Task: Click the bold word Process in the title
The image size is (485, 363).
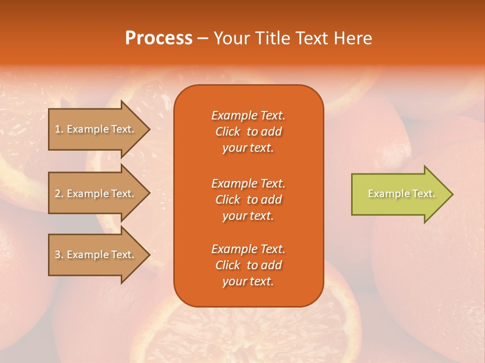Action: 159,38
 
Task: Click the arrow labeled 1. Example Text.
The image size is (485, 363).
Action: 96,129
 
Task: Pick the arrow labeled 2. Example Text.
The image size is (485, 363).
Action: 96,194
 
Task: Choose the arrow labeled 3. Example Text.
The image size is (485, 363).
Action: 96,255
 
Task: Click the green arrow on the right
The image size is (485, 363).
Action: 399,194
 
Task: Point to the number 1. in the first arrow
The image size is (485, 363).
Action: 59,130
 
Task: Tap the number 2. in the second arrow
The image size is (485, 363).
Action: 59,194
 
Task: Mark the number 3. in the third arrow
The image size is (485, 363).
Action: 59,255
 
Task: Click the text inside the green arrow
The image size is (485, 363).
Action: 402,194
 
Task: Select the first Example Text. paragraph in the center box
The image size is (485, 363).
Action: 248,132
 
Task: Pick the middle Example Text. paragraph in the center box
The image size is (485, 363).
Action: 248,199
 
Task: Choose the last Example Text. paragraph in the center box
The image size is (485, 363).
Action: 248,265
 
